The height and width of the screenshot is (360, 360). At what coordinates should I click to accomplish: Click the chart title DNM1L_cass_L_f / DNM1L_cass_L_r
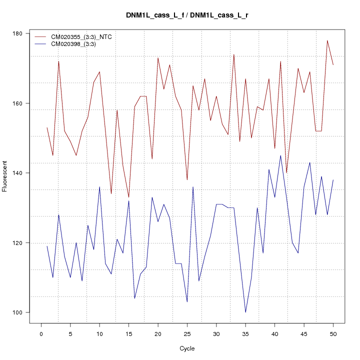[187, 15]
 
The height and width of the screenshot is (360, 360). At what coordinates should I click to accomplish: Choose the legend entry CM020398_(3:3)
[70, 44]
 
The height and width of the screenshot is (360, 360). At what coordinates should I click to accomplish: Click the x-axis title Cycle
[187, 348]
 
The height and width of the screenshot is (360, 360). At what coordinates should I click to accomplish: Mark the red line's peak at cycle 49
[327, 40]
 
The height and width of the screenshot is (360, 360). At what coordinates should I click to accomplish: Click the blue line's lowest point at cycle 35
[245, 312]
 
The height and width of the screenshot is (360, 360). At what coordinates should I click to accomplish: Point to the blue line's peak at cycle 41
[280, 155]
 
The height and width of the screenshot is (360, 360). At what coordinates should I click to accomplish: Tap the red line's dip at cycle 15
[128, 197]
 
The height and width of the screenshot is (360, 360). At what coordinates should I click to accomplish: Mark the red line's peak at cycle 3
[58, 61]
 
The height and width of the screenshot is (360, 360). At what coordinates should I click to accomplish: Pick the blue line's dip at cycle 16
[134, 298]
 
